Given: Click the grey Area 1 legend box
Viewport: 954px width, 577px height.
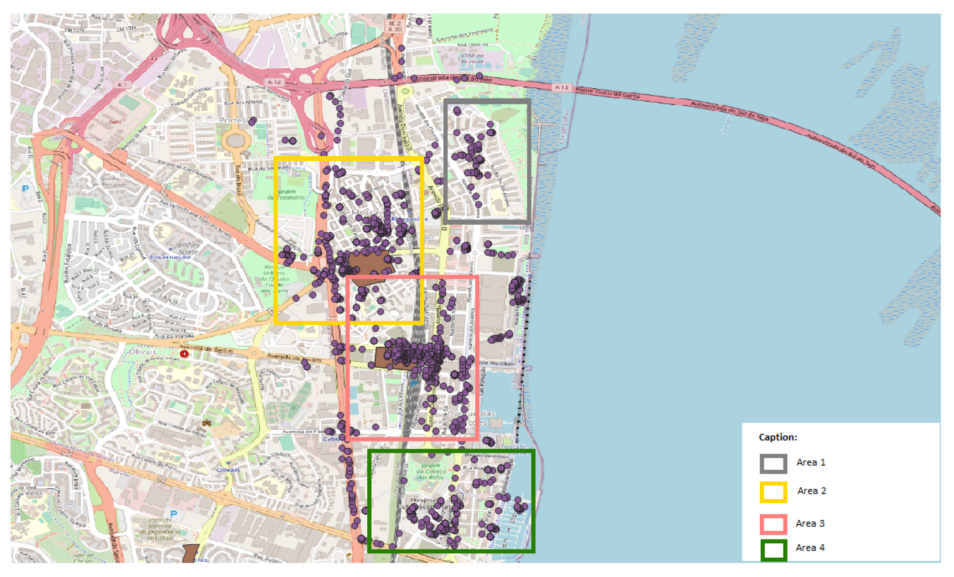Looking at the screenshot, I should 773,463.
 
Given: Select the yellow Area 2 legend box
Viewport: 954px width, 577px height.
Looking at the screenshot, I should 773,492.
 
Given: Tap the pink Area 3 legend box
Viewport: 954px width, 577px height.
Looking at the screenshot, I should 773,524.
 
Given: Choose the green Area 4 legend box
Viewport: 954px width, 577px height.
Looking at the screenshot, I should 773,549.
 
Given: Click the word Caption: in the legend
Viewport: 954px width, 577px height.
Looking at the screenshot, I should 777,437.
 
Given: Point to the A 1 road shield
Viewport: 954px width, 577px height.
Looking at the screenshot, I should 122,84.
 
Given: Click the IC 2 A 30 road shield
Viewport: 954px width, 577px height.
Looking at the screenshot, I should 394,26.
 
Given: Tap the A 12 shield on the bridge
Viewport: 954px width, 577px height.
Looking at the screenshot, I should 561,87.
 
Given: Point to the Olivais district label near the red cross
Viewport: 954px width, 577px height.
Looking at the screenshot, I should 143,351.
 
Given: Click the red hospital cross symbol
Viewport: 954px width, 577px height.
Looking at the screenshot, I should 184,354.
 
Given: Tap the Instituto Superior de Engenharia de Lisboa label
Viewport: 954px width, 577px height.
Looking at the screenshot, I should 160,529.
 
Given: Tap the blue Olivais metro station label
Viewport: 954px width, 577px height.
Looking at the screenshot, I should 228,470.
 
